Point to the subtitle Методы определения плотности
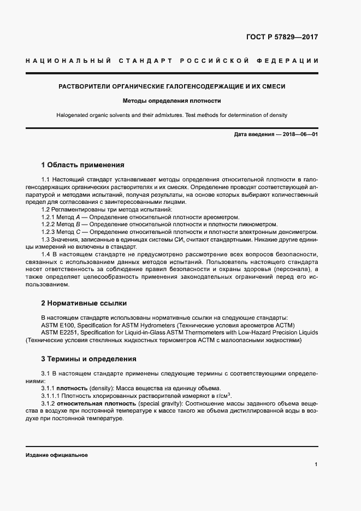[x=171, y=101]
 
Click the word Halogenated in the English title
[x=73, y=115]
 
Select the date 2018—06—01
[x=299, y=134]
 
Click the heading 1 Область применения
[x=83, y=165]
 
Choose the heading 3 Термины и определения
[x=89, y=359]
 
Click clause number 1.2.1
[x=50, y=217]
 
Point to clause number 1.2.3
[x=50, y=232]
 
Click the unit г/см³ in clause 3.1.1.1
[x=222, y=395]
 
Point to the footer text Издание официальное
[x=56, y=455]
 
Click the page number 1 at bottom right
[x=316, y=465]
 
